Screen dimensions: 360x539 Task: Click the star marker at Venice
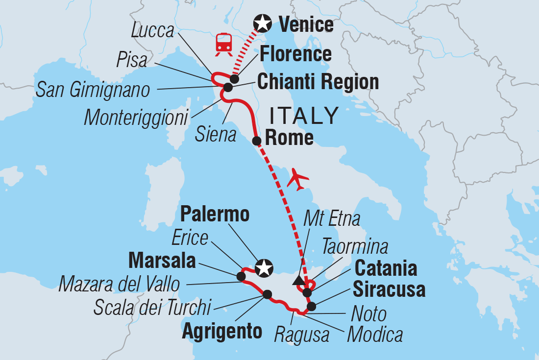tap(262, 23)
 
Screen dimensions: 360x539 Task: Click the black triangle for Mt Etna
tap(297, 280)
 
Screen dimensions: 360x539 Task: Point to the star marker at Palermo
tap(264, 268)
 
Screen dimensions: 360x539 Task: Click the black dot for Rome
tap(256, 142)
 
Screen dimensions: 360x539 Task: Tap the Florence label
tap(295, 54)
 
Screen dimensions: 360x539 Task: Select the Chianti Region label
tap(318, 82)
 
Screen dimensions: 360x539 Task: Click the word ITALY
tap(304, 116)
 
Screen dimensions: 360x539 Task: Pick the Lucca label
tap(153, 31)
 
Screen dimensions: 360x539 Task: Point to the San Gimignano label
tap(93, 90)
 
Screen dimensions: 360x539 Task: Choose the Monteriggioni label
tap(136, 118)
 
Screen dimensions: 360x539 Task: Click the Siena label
tap(216, 135)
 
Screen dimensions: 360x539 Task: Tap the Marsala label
tap(162, 261)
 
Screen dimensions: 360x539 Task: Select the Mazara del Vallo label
tap(119, 284)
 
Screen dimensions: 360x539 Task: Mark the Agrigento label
tap(222, 332)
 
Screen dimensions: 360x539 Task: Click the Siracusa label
tap(390, 290)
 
